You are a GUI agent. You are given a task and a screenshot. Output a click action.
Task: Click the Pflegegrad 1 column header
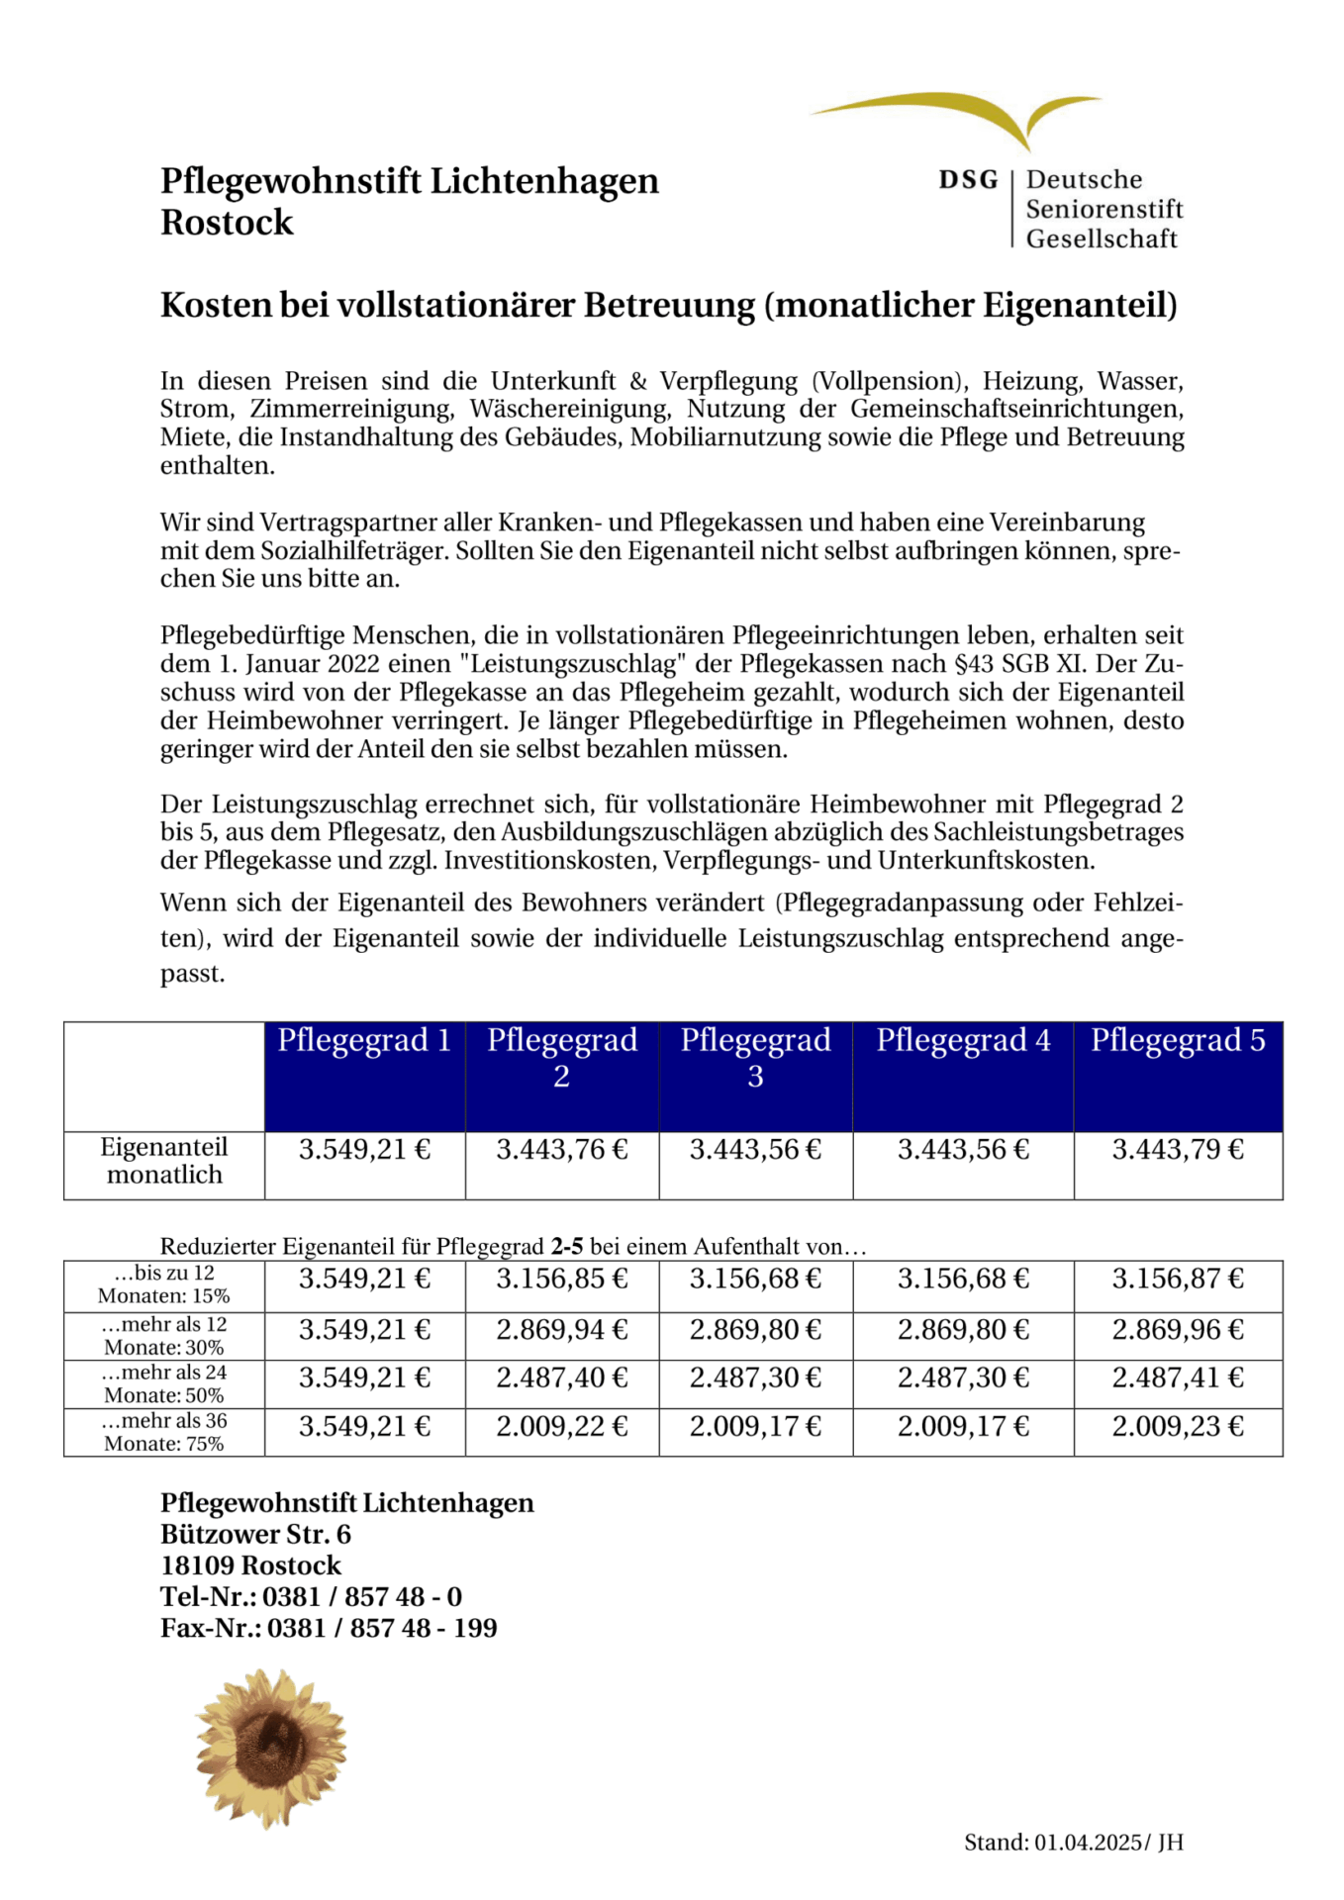(364, 1041)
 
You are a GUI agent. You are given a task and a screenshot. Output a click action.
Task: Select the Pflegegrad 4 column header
(963, 1041)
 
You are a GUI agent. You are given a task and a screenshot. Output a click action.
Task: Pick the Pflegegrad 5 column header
(1178, 1041)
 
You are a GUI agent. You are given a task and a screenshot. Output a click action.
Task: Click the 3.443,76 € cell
(562, 1150)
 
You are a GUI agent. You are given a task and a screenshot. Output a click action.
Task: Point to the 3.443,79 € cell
(1178, 1150)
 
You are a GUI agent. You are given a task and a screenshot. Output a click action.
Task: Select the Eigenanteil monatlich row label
(164, 1161)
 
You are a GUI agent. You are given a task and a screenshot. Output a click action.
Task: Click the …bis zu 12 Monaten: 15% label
(164, 1284)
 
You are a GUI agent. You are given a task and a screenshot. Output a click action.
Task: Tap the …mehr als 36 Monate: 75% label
(164, 1432)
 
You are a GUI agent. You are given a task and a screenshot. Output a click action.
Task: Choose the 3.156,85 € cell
(562, 1279)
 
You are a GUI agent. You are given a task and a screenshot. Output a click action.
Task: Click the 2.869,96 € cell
(1178, 1329)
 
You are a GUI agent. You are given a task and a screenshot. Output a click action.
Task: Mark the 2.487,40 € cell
(562, 1377)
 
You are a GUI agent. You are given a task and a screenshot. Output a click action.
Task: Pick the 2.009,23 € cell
(1178, 1426)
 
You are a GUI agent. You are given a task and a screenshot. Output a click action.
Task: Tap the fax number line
(329, 1628)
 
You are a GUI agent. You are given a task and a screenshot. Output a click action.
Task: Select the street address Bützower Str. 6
(255, 1534)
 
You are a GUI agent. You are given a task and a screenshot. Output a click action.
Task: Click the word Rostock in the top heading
(227, 223)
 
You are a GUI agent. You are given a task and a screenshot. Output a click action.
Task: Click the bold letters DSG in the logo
(968, 180)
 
